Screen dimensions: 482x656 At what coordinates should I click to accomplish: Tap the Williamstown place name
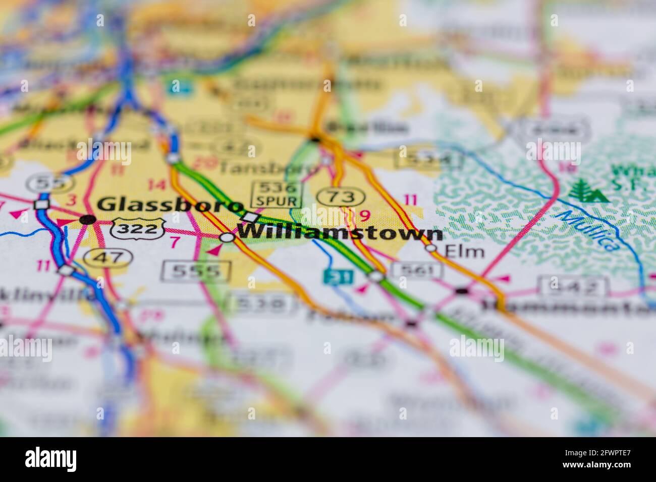tap(340, 233)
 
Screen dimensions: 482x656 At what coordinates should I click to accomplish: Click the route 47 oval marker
tap(108, 257)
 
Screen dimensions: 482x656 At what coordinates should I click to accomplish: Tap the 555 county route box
tap(196, 271)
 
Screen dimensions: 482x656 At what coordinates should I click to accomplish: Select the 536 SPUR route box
tap(277, 195)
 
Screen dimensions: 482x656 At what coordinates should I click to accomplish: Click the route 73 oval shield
tap(341, 196)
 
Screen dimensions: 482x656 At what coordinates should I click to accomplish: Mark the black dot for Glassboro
tap(88, 219)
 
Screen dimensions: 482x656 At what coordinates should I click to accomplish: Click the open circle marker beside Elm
tap(430, 248)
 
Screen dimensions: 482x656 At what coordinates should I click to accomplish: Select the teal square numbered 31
tap(331, 276)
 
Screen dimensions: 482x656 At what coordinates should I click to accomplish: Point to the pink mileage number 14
tap(157, 185)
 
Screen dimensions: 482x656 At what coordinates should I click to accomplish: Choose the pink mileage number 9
tap(364, 216)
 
